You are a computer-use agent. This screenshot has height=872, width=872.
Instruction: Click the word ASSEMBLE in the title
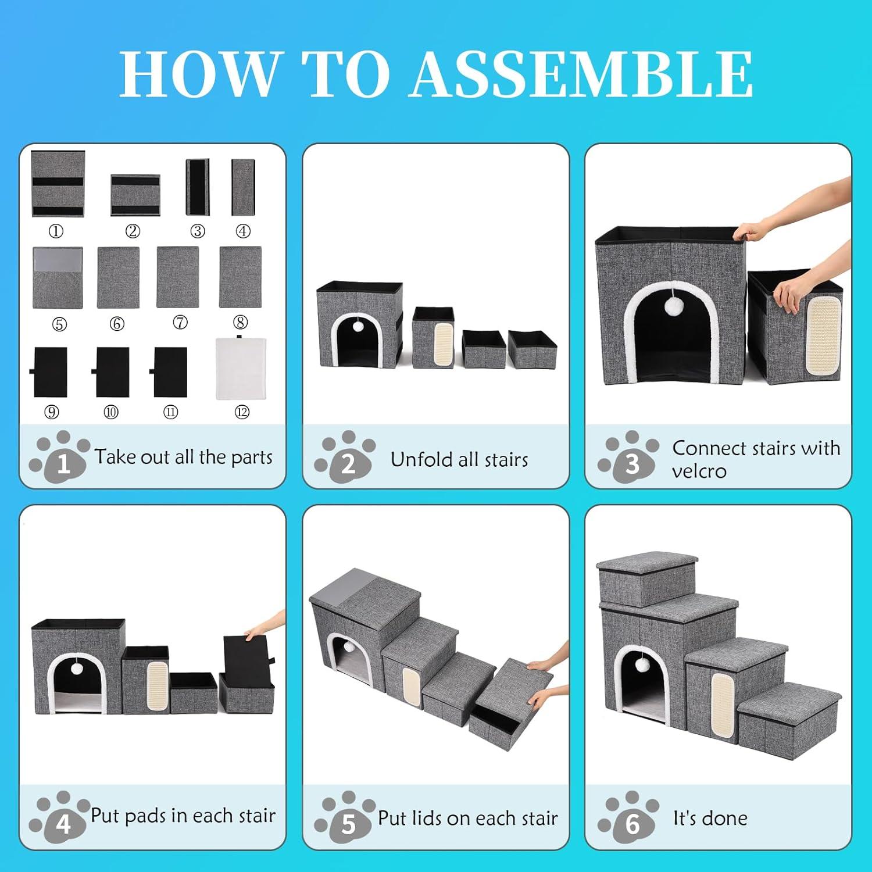tap(581, 74)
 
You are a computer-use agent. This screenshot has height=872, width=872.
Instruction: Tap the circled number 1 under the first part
tap(56, 231)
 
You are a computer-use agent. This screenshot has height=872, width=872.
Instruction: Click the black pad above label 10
tap(112, 372)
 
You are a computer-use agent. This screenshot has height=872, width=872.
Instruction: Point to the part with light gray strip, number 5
tap(58, 278)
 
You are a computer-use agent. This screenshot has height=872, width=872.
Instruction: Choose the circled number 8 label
tap(240, 322)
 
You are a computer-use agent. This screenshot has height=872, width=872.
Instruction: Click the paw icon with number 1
tap(59, 456)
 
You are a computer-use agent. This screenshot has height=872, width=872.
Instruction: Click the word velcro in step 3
tap(699, 470)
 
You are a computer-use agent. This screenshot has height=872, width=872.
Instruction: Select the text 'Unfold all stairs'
tap(459, 459)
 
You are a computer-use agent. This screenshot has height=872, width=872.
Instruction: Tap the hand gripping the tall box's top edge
tap(749, 233)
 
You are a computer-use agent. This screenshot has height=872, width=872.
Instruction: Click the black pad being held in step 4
tap(245, 654)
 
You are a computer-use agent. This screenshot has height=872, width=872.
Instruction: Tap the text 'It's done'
tap(710, 818)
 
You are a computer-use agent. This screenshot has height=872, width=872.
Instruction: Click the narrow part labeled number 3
tap(197, 187)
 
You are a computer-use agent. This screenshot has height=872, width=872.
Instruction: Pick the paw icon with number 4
tap(59, 816)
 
